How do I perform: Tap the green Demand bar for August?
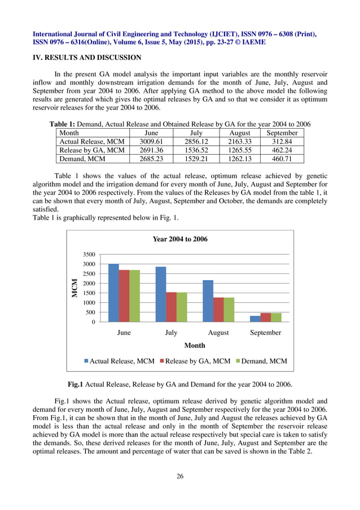(x=229, y=310)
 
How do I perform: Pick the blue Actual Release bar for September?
(x=255, y=319)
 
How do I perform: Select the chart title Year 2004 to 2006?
(x=180, y=239)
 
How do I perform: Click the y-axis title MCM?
(x=74, y=288)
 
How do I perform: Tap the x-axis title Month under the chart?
(x=195, y=345)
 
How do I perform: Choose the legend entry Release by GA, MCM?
(x=197, y=361)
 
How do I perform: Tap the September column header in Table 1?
(x=282, y=133)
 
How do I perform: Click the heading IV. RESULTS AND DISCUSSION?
(x=87, y=58)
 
